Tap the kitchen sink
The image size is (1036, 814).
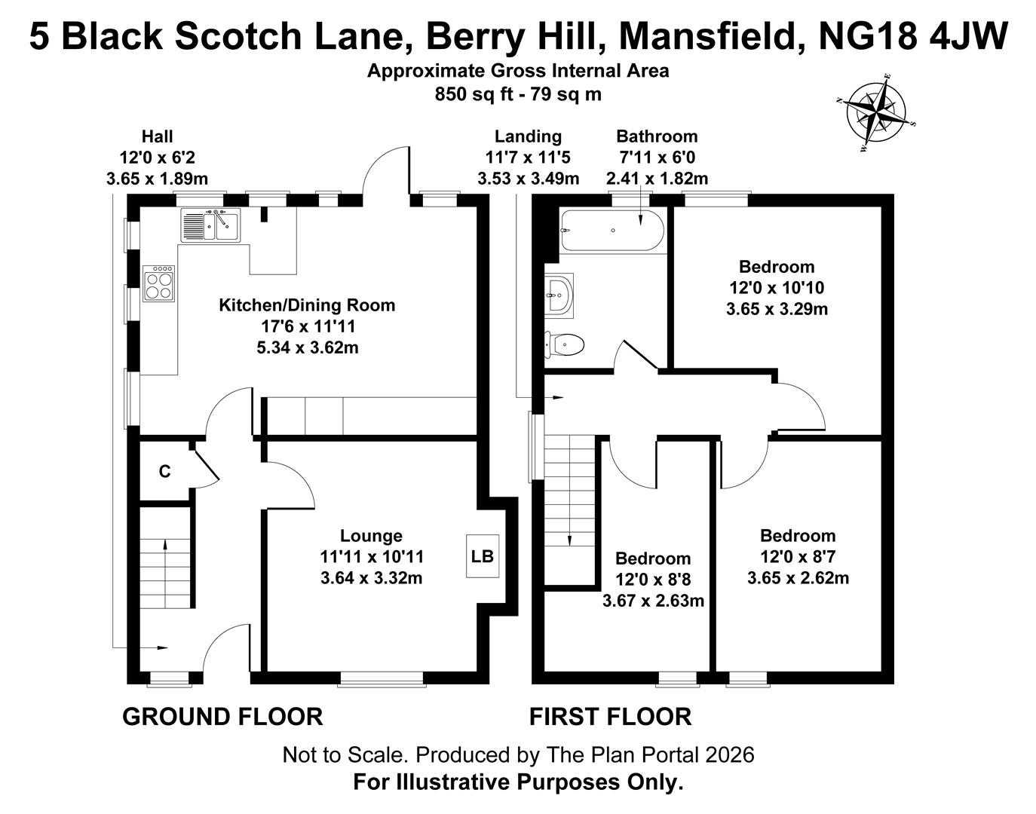[x=210, y=225]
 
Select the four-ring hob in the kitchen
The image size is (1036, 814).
[x=159, y=283]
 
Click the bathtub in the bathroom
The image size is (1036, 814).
[x=611, y=230]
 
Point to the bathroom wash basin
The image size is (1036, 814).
[x=558, y=292]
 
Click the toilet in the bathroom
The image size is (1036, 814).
[x=565, y=345]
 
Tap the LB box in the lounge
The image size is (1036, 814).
[x=482, y=556]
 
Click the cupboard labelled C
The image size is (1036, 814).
[x=164, y=472]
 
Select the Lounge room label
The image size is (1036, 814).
[x=371, y=536]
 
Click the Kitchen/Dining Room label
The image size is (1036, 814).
[x=307, y=305]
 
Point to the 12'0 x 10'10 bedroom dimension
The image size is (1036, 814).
[x=777, y=288]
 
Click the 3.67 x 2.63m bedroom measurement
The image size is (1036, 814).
[x=653, y=601]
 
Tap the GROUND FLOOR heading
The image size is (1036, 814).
[x=222, y=716]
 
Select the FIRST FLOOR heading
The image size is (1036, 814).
[x=610, y=716]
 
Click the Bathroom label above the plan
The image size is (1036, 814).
[x=657, y=136]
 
